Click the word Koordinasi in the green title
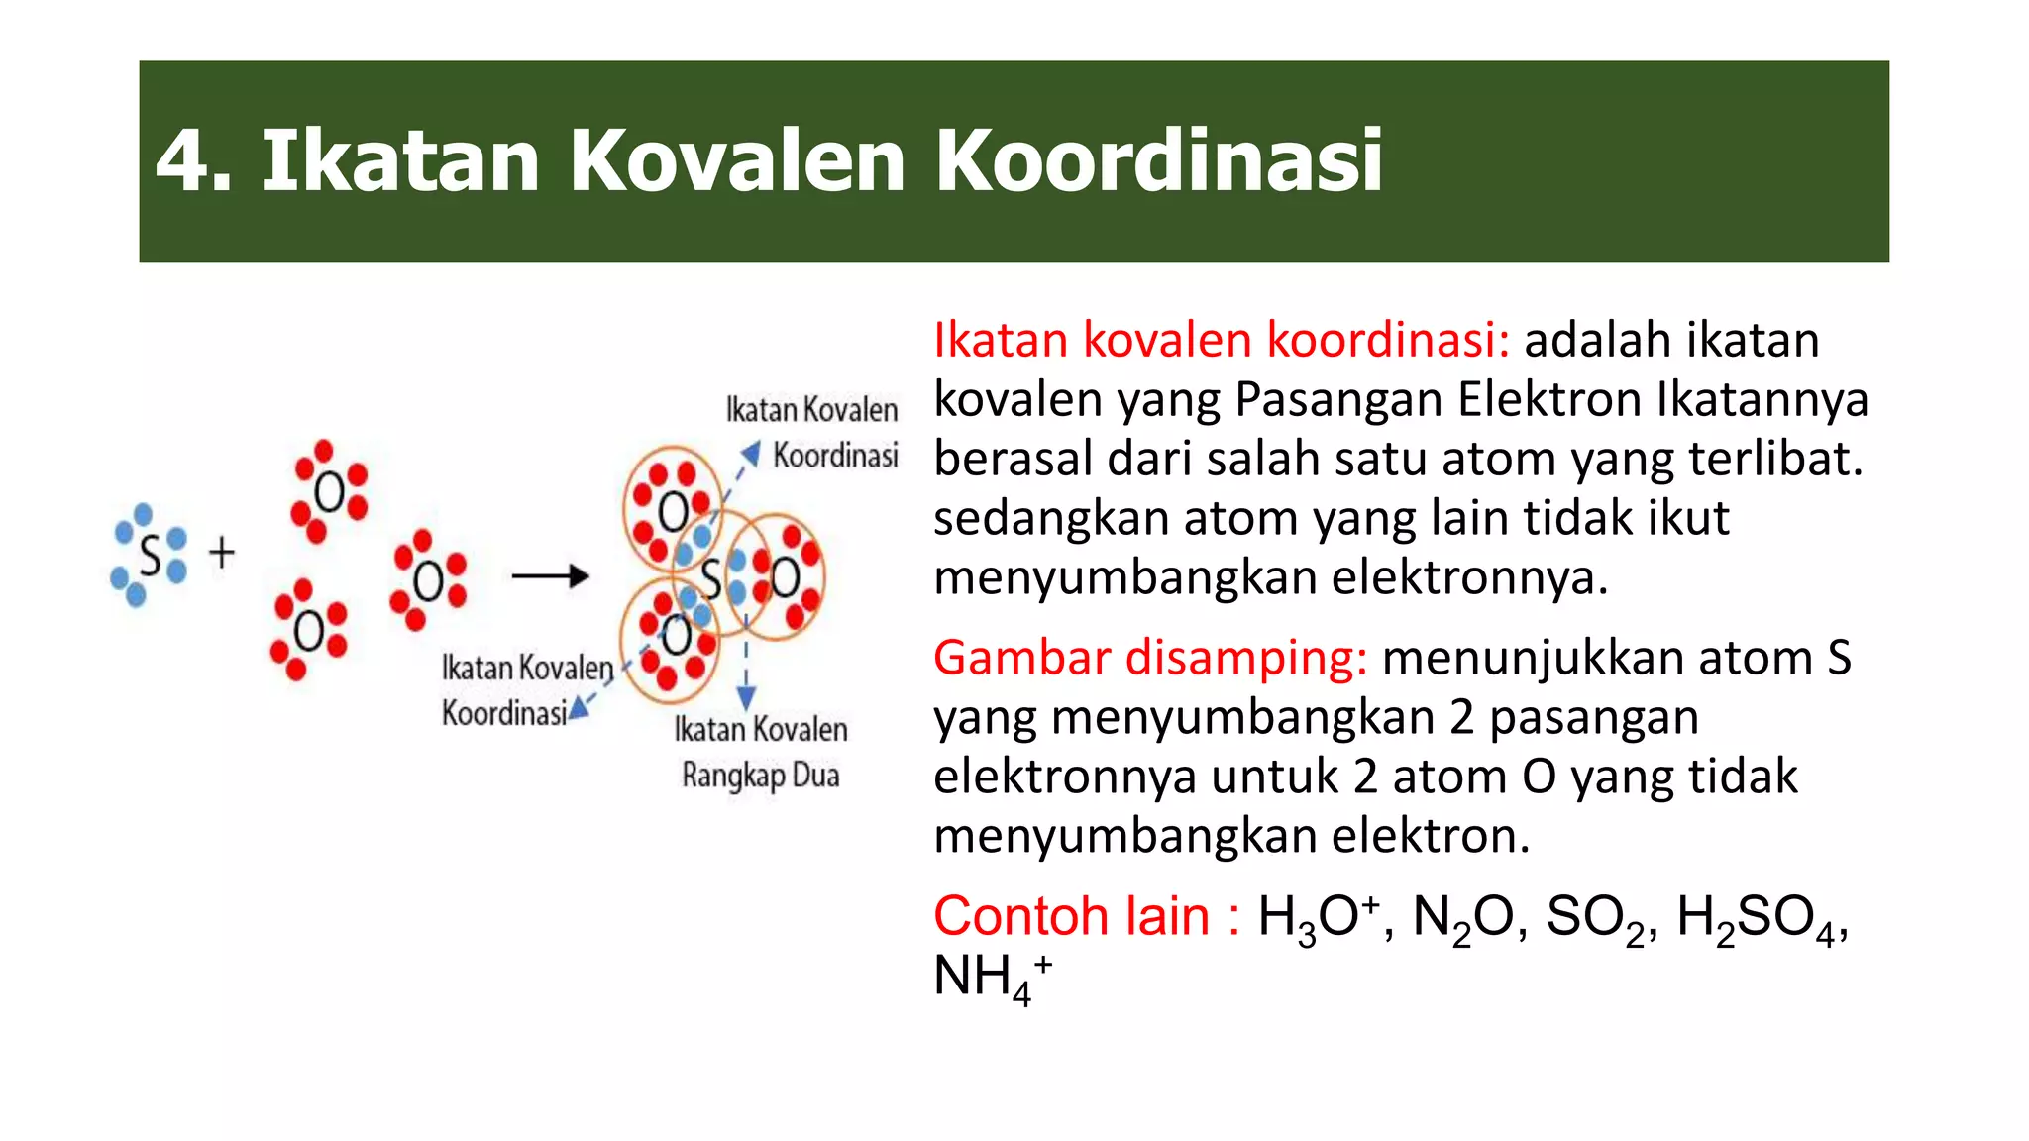1158,160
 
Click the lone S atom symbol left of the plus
151,557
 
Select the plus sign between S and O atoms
222,553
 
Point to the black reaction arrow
551,576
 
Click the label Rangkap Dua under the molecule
760,775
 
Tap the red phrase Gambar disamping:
1150,658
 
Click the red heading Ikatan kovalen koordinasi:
1221,340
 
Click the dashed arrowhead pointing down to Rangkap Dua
747,697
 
